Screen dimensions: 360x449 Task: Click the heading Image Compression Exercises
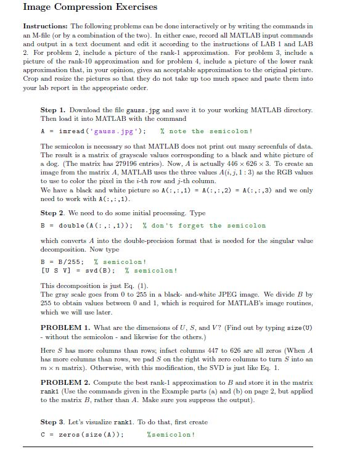pos(90,7)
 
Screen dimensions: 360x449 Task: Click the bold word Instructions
pos(46,27)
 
